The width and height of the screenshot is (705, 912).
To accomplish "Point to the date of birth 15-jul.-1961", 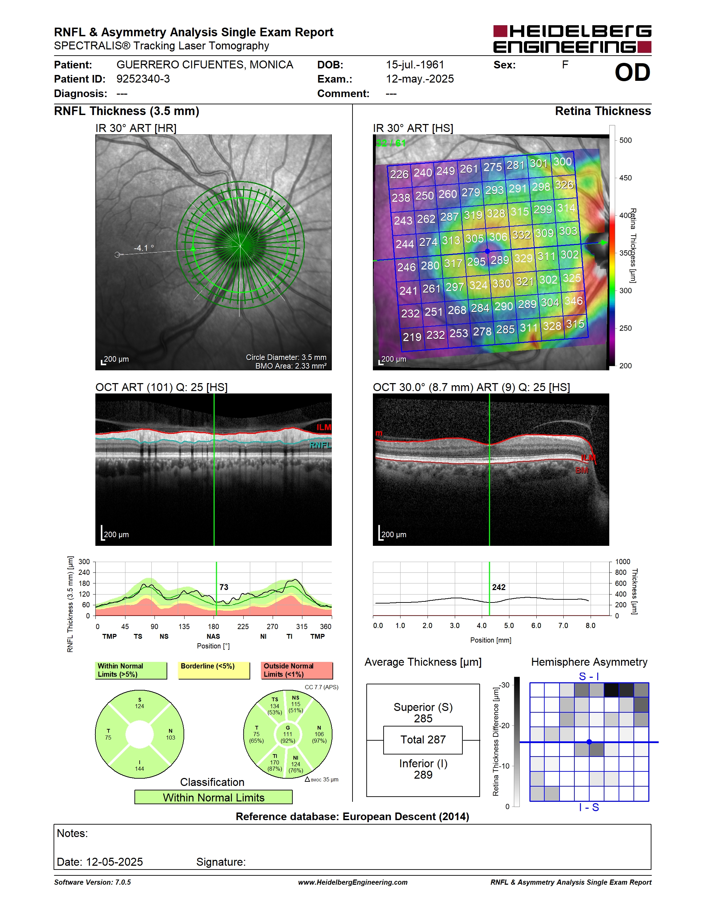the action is point(415,65).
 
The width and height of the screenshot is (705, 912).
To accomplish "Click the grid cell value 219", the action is point(412,336).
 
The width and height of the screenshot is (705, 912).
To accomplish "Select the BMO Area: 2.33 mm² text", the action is point(291,366).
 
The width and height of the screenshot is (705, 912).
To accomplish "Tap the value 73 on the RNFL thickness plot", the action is point(224,587).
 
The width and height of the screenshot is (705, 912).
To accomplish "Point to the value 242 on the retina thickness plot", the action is point(499,587).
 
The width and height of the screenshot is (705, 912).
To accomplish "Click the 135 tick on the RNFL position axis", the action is point(184,626).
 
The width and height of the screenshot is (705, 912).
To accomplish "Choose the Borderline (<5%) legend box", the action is point(214,670).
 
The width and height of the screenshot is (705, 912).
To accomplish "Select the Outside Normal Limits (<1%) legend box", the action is point(297,670).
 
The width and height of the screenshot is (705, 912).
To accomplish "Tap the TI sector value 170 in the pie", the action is point(274,762).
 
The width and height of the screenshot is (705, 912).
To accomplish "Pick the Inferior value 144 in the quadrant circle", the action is point(140,768).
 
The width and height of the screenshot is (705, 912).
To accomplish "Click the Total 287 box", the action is point(423,740).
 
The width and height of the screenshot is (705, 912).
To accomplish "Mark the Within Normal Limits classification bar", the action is point(214,797).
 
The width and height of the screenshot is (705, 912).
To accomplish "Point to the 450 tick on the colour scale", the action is point(625,178).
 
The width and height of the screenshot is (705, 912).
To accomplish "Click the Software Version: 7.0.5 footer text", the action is point(92,882).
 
